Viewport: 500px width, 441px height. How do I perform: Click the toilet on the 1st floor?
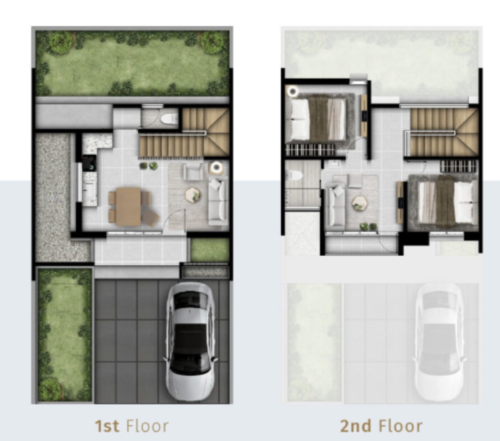[x=169, y=119]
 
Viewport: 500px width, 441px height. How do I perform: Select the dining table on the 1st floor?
[x=129, y=207]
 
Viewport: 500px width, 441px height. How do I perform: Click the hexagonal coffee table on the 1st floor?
[x=193, y=194]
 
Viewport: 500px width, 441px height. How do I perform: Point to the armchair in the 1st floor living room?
[x=193, y=172]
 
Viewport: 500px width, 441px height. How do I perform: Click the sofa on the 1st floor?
[x=218, y=200]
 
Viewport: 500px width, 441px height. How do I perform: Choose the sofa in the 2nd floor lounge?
[x=335, y=206]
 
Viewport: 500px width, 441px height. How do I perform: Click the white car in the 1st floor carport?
[x=190, y=341]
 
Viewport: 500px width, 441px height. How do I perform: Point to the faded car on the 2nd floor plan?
[x=439, y=342]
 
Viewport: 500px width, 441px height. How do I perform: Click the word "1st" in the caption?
[x=107, y=426]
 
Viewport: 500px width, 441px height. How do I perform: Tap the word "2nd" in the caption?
[x=356, y=426]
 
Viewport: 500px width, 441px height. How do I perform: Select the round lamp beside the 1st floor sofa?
[x=217, y=167]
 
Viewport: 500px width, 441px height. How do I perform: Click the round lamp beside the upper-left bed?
[x=292, y=91]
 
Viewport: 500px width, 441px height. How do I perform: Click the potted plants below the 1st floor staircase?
[x=149, y=166]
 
